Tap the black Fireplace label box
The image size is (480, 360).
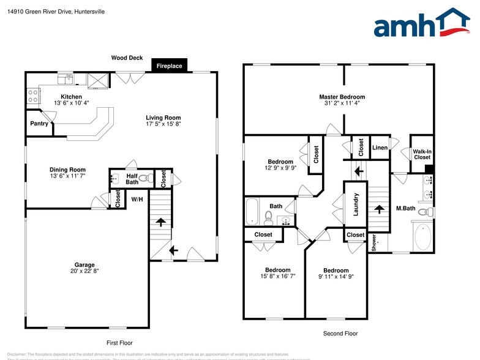point(169,66)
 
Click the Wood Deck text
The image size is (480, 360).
point(127,58)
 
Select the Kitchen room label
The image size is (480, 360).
point(71,97)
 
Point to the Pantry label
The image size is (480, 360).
point(39,124)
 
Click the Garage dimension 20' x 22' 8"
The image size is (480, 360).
point(84,271)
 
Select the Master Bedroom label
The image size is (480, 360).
point(342,97)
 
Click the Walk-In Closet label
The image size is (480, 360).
point(422,154)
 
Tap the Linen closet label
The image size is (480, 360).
point(380,148)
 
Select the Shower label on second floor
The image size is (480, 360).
point(373,242)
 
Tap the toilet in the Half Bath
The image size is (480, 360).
point(144,179)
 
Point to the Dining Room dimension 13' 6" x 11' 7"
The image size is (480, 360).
point(67,176)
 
